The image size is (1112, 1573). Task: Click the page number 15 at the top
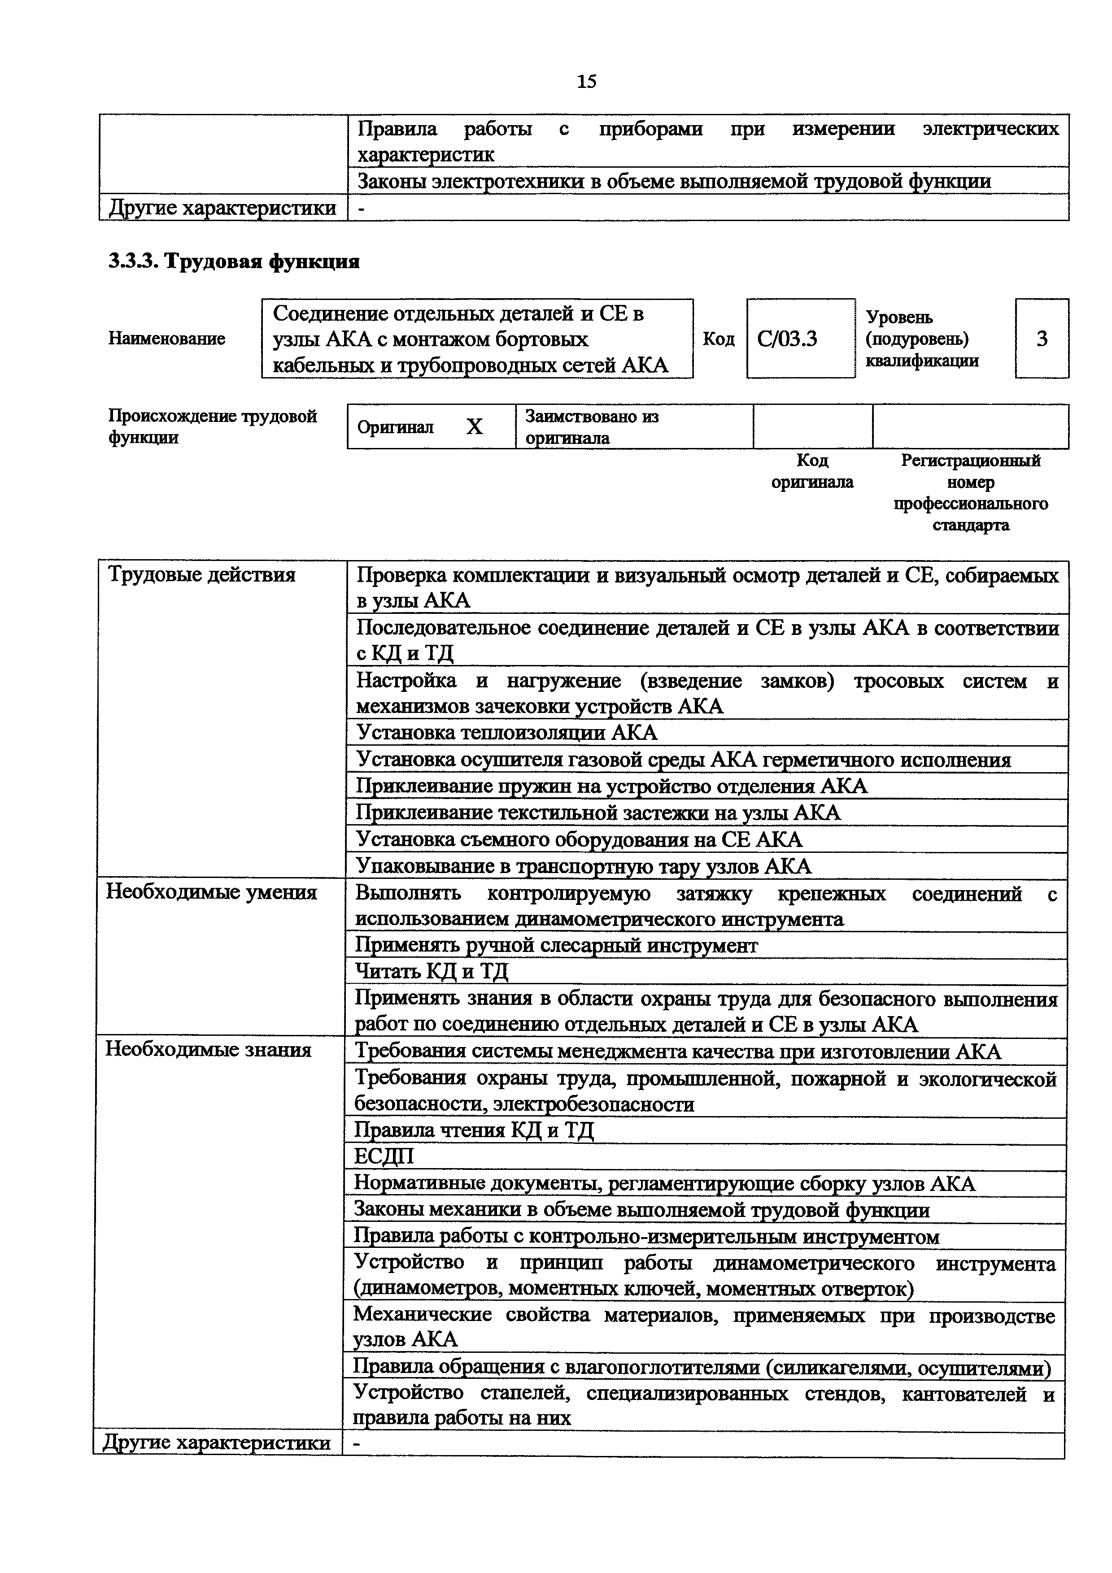coord(586,82)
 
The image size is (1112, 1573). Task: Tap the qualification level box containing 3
coord(1042,339)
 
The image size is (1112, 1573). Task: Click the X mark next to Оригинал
coord(474,427)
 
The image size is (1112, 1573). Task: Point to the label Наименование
coord(166,339)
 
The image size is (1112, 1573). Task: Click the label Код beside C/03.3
coord(719,339)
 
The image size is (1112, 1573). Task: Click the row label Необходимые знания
coord(208,1050)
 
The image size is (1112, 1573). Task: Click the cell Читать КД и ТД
coord(432,972)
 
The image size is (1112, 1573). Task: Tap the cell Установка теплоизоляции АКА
coord(507,733)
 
